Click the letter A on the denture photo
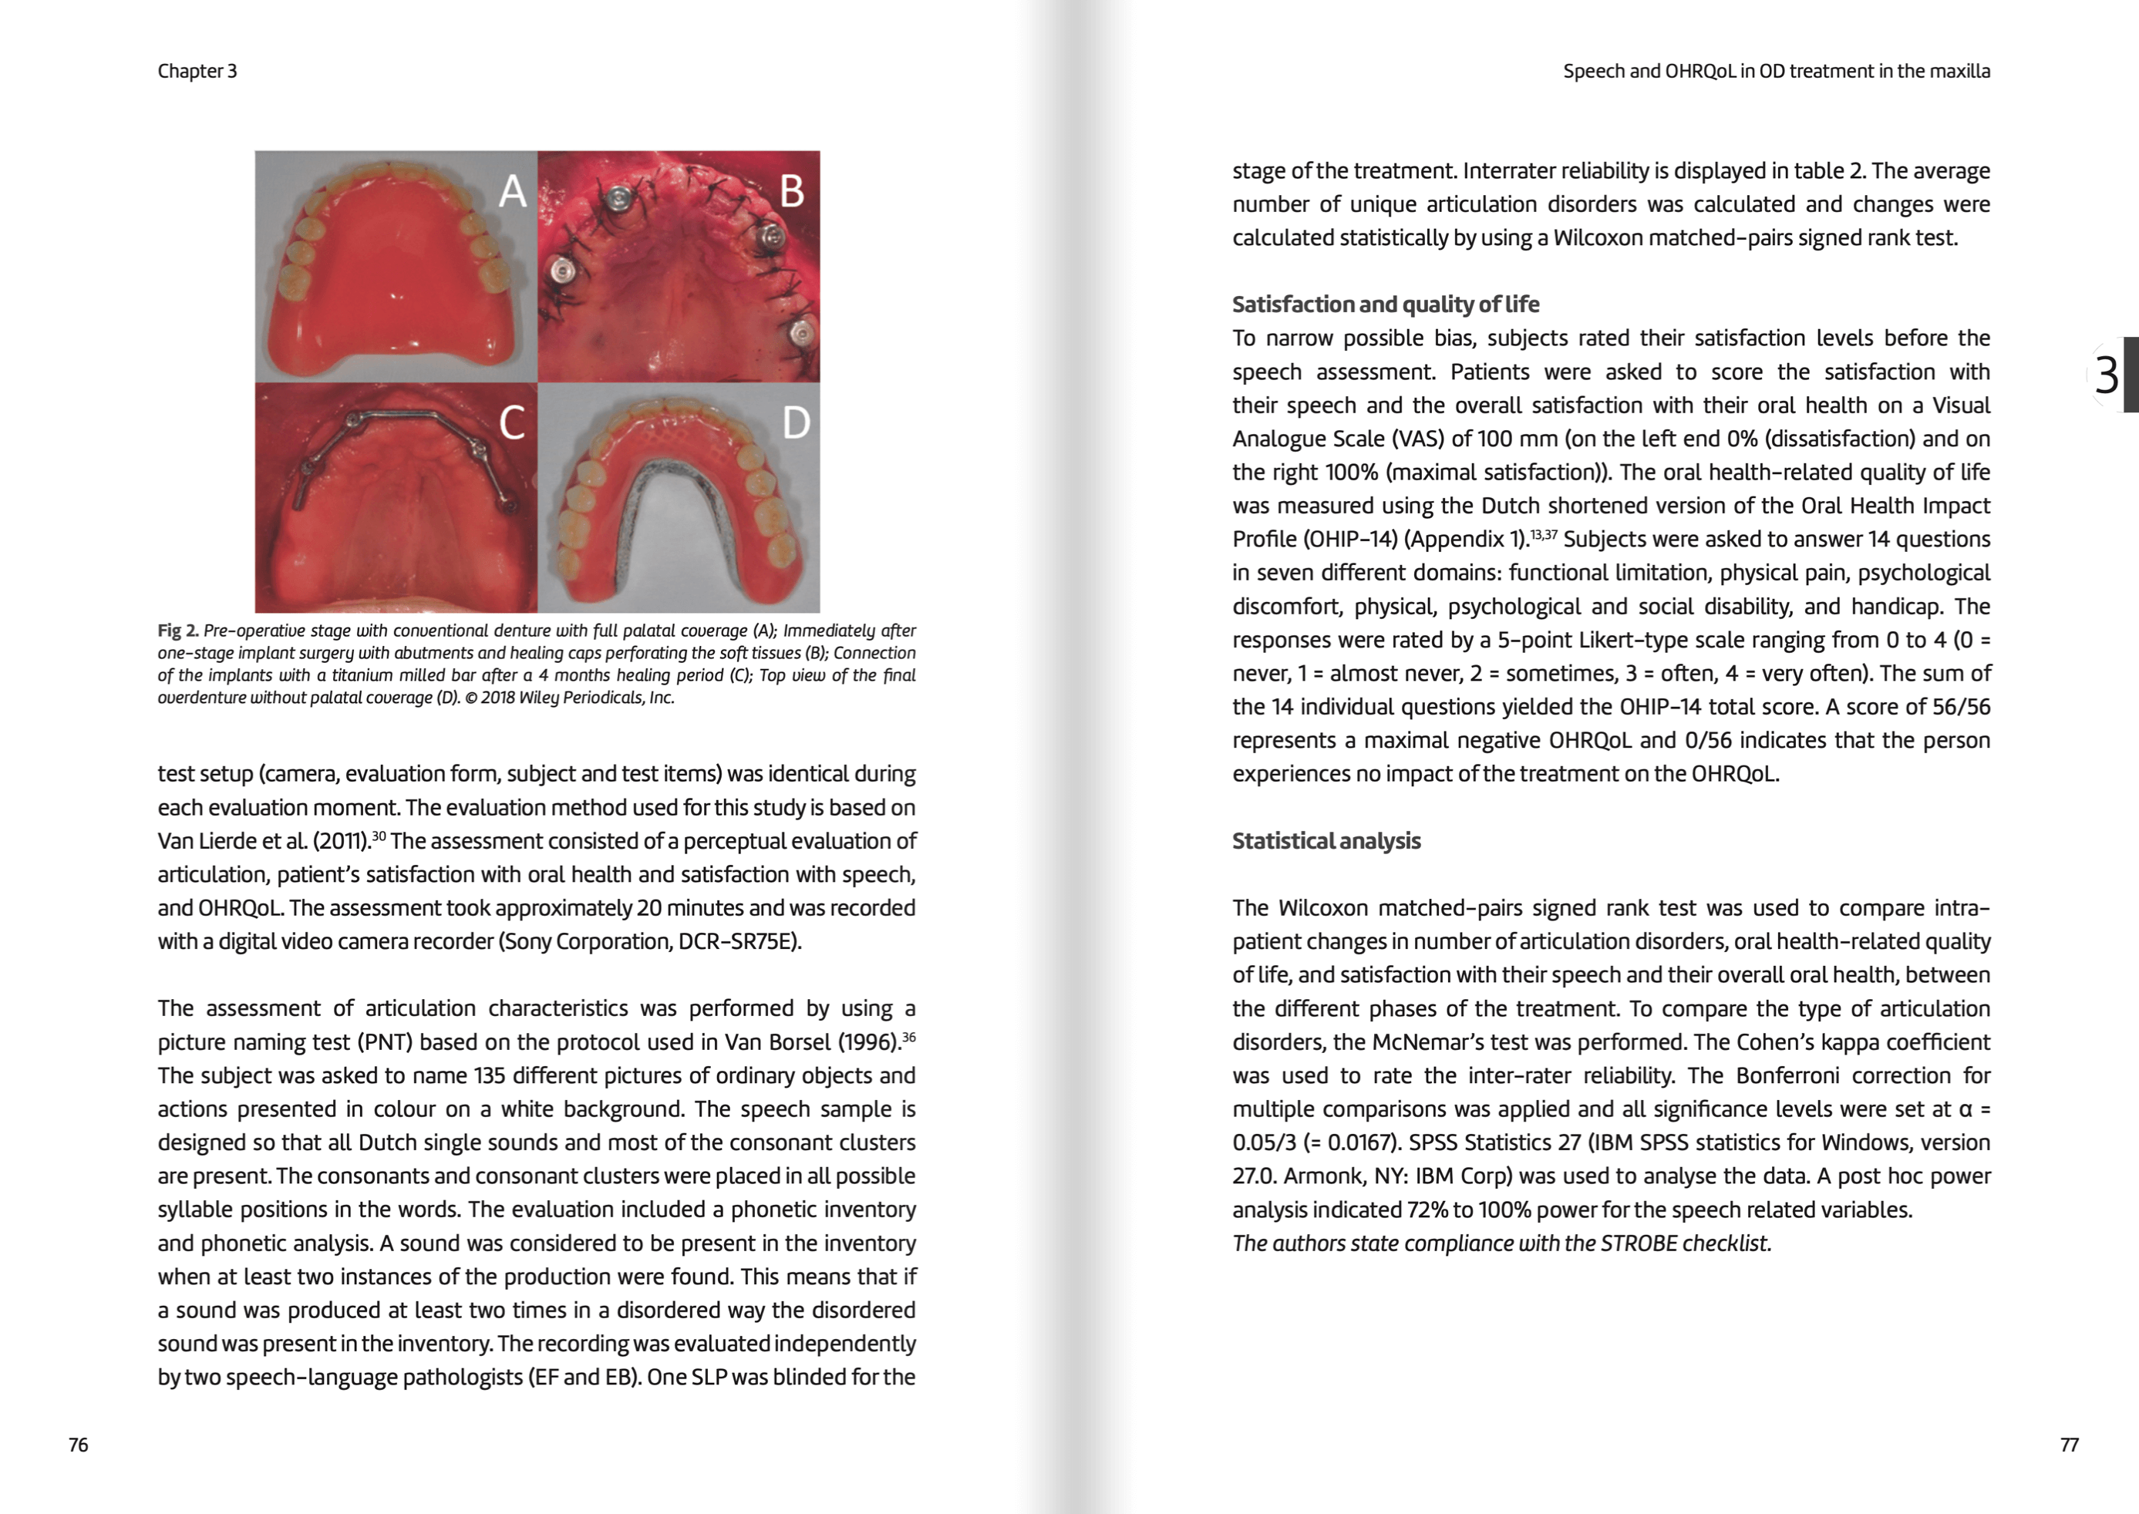pyautogui.click(x=513, y=191)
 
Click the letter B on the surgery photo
pyautogui.click(x=792, y=191)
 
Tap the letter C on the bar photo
pyautogui.click(x=512, y=422)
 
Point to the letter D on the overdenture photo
pyautogui.click(x=795, y=422)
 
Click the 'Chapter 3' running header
pyautogui.click(x=197, y=71)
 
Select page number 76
pyautogui.click(x=79, y=1445)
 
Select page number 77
pyautogui.click(x=2069, y=1445)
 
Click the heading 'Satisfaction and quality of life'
pyautogui.click(x=1385, y=304)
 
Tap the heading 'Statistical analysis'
pyautogui.click(x=1326, y=841)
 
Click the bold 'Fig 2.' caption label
pyautogui.click(x=177, y=631)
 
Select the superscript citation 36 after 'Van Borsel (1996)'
pyautogui.click(x=909, y=1037)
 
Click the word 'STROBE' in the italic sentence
pyautogui.click(x=1639, y=1243)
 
